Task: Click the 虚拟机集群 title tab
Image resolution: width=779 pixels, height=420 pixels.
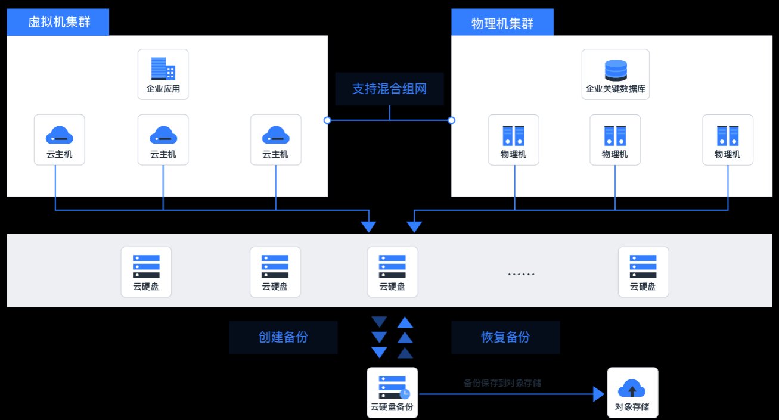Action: click(x=58, y=23)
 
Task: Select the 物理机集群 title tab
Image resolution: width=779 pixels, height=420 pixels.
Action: click(x=502, y=23)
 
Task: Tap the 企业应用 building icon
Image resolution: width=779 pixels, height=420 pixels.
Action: click(x=163, y=69)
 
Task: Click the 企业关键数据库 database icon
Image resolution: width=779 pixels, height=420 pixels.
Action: click(x=616, y=70)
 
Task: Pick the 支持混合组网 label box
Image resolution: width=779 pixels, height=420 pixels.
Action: click(x=390, y=89)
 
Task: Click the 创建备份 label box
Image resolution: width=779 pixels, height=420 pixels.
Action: click(x=283, y=337)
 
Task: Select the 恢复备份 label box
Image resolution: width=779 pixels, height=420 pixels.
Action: click(x=505, y=337)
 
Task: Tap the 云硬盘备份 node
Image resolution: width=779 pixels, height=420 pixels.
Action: click(x=392, y=393)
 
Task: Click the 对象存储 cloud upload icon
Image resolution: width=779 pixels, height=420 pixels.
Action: click(x=632, y=388)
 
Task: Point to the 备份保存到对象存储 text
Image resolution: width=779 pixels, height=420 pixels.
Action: click(x=502, y=383)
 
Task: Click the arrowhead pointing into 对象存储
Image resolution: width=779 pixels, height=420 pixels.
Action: click(x=598, y=393)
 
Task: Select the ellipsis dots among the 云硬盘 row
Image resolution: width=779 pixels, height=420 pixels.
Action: click(x=521, y=275)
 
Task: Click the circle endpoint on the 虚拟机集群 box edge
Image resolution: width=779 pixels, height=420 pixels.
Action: click(x=327, y=120)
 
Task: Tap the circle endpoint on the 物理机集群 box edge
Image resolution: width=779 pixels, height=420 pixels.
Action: click(x=451, y=120)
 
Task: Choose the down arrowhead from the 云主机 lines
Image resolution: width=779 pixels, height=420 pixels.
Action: click(x=369, y=226)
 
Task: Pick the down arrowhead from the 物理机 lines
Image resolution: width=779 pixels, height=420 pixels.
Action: click(x=414, y=226)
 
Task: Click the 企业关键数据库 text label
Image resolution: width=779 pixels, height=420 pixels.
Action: click(x=616, y=89)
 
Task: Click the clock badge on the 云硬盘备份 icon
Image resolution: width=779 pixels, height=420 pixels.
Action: click(x=405, y=394)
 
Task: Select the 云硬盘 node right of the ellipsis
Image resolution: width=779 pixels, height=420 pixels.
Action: click(x=643, y=272)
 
